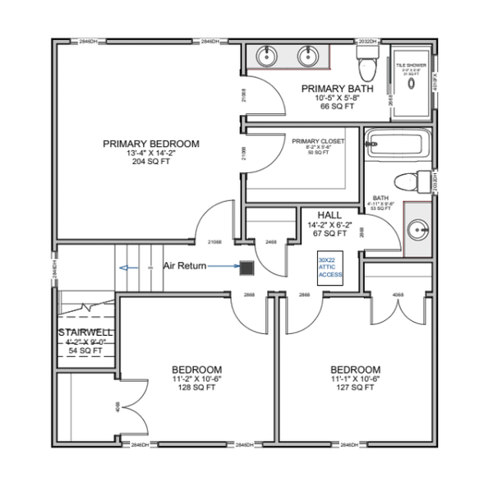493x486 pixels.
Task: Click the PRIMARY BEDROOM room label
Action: point(150,144)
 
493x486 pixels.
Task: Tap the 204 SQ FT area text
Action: point(150,162)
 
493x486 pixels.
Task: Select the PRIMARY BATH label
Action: point(338,89)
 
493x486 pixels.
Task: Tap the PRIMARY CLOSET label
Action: point(318,141)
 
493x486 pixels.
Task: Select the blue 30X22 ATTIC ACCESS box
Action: point(330,268)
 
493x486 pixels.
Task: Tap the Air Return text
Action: point(182,266)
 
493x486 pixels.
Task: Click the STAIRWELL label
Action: point(82,332)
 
